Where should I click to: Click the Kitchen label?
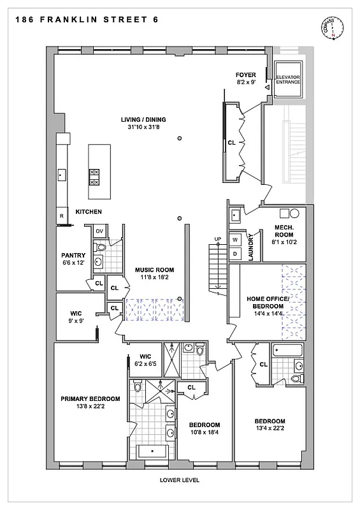pyautogui.click(x=89, y=212)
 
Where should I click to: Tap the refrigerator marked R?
pyautogui.click(x=62, y=217)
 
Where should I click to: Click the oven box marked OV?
pyautogui.click(x=99, y=231)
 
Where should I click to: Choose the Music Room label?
pyautogui.click(x=154, y=274)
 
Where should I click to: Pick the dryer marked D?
pyautogui.click(x=234, y=254)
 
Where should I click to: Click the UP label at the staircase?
pyautogui.click(x=217, y=240)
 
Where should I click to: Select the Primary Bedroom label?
pyautogui.click(x=87, y=403)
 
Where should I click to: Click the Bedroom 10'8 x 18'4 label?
pyautogui.click(x=204, y=429)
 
